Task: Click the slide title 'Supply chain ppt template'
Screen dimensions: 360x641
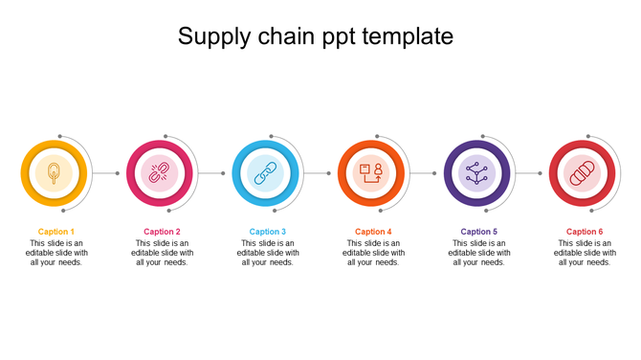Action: (316, 37)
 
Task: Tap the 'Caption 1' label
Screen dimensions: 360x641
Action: (55, 232)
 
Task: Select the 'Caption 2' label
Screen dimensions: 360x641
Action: (162, 232)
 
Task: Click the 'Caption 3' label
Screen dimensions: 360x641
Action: (268, 232)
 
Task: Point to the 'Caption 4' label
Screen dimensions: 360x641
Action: (373, 232)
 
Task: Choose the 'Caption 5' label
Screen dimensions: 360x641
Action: (478, 232)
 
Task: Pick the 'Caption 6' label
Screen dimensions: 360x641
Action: (585, 232)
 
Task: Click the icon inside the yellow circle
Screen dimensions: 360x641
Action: (54, 173)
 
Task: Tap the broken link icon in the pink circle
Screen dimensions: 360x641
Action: (160, 173)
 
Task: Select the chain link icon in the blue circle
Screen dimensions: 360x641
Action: (265, 173)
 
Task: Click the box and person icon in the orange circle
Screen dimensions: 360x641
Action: (371, 173)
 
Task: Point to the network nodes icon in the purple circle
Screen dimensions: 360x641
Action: (476, 173)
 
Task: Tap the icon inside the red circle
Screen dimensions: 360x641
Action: (583, 173)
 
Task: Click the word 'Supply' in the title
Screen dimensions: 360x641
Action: (212, 37)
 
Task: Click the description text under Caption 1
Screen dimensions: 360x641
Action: (55, 253)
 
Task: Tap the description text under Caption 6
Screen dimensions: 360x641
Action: (585, 253)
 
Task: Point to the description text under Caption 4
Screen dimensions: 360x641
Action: (373, 253)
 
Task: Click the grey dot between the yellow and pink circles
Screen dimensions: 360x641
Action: (118, 173)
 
